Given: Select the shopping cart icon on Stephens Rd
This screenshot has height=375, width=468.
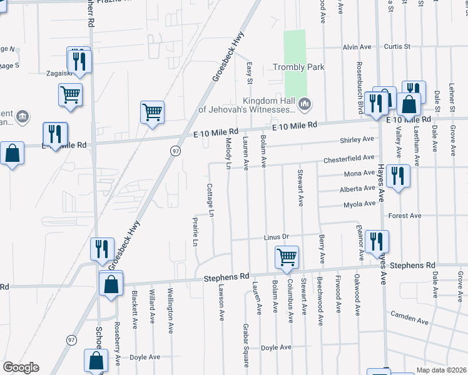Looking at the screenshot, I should pyautogui.click(x=287, y=257).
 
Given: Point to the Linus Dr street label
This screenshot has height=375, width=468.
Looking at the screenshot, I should pyautogui.click(x=275, y=237).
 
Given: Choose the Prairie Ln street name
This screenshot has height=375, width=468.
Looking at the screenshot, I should pyautogui.click(x=195, y=232).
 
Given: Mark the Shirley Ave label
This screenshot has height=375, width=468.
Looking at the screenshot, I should pyautogui.click(x=356, y=139).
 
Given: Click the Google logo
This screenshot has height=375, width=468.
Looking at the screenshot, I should pyautogui.click(x=21, y=367).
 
